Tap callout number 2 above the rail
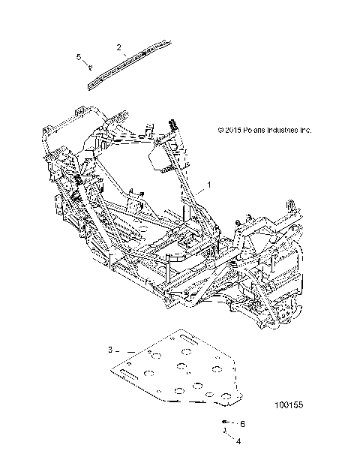click(118, 47)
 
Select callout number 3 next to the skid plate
click(110, 350)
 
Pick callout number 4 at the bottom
click(238, 440)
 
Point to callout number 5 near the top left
click(78, 56)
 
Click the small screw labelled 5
click(89, 68)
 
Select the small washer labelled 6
click(225, 422)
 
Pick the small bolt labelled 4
click(223, 432)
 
